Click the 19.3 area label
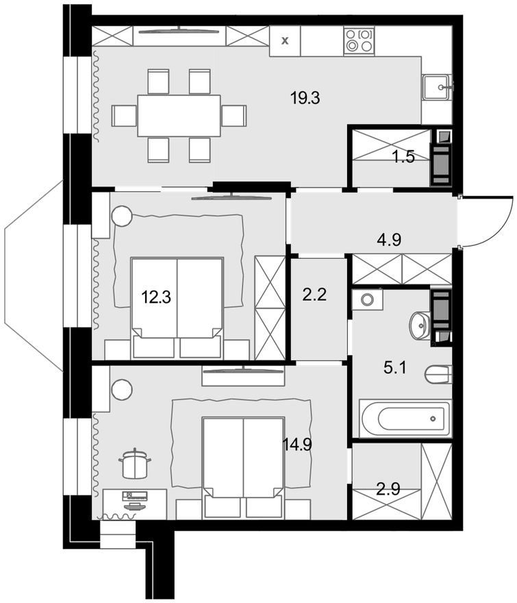pos(305,99)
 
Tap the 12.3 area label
pos(156,297)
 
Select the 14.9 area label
pos(297,445)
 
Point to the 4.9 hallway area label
pos(390,240)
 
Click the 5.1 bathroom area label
pos(394,368)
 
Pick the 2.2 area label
pos(314,295)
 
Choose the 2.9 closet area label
pos(389,489)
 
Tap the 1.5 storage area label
pos(403,157)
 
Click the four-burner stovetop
pos(359,40)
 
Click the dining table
pos(179,115)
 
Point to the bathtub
pos(405,419)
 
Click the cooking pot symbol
pos(134,463)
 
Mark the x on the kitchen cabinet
pos(285,40)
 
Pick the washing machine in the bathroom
pos(367,299)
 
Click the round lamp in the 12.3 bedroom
pos(123,216)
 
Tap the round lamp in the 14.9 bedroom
pos(122,390)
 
